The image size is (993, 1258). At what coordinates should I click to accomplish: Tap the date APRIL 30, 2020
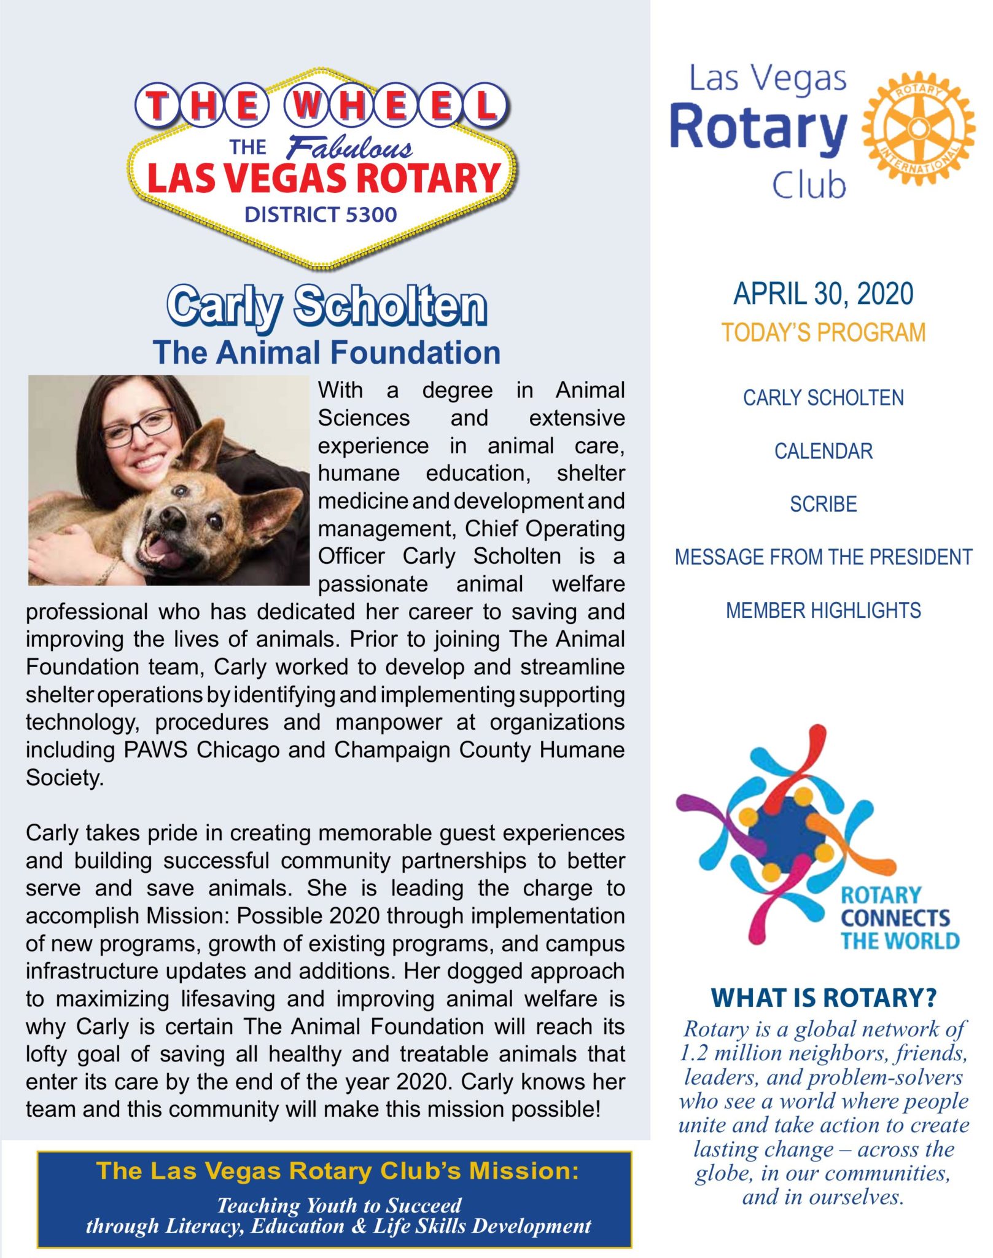coord(823,294)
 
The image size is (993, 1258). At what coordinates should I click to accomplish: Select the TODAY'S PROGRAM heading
coord(823,332)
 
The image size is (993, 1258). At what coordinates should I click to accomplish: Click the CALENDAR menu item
coord(823,451)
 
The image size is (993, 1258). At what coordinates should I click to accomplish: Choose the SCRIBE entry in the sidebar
coord(823,504)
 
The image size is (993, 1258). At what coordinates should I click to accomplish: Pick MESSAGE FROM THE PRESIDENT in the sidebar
coord(823,557)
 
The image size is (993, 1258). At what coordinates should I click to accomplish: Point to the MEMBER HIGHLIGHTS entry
coord(823,611)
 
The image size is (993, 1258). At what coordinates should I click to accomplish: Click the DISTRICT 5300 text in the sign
coord(321,214)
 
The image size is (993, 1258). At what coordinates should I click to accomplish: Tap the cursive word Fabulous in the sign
coord(350,148)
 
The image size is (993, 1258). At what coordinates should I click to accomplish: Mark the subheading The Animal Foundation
coord(327,353)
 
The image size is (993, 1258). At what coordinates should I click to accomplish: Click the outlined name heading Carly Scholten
coord(327,305)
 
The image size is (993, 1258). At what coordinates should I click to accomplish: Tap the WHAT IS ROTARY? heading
coord(823,998)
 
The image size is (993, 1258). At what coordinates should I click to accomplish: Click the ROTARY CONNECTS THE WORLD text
coord(898,918)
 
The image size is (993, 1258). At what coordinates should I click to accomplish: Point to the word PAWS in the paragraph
coord(155,750)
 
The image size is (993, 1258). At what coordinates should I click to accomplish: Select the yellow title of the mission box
coord(337,1171)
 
